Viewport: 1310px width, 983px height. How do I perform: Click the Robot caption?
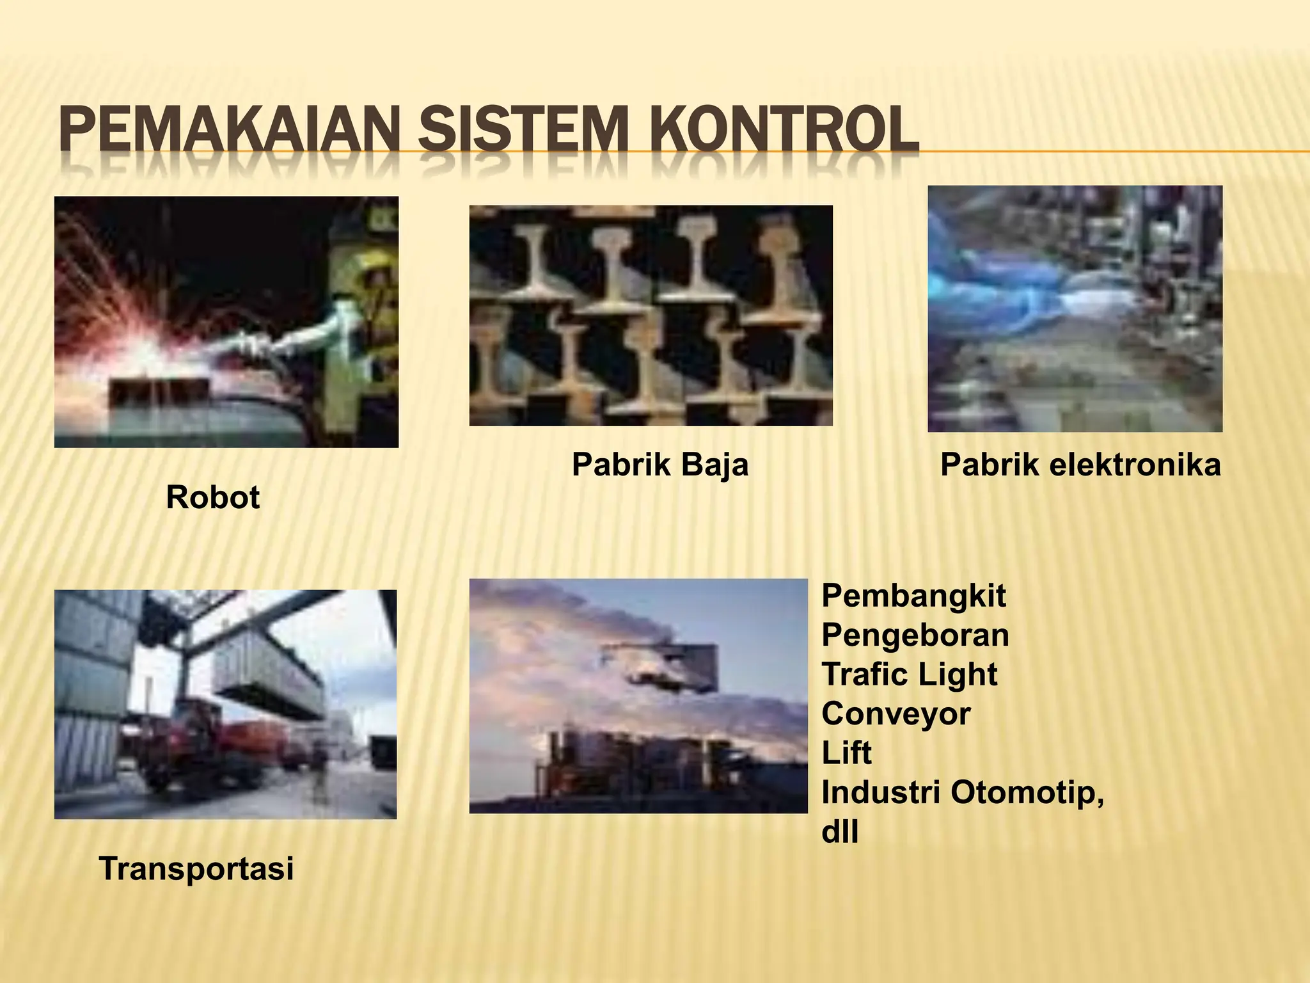(212, 497)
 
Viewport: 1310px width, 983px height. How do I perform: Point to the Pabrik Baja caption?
(659, 465)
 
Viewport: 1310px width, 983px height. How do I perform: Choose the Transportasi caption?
(196, 869)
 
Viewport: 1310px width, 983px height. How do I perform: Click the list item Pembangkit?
(913, 596)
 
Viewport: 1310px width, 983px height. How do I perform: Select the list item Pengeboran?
(915, 635)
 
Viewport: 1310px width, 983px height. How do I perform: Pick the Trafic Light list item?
(909, 675)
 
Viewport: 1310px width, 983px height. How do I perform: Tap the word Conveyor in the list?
(896, 714)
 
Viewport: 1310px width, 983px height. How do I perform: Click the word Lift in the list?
(846, 753)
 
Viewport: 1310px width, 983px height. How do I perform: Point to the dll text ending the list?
(839, 832)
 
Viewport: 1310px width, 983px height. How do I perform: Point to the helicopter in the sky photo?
(652, 672)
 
